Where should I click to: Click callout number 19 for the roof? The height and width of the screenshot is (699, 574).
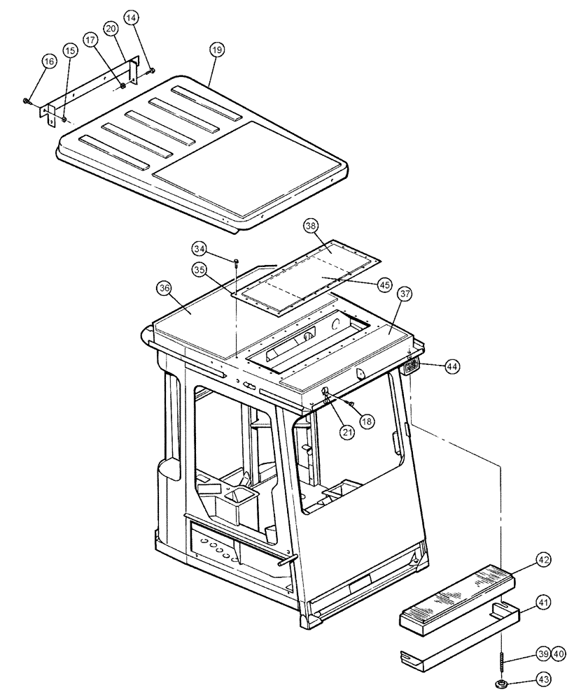coord(216,50)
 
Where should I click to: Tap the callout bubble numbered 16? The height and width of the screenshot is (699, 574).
coord(48,62)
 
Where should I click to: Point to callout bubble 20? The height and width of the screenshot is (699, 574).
coord(111,29)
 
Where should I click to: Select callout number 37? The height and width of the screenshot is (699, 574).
coord(405,294)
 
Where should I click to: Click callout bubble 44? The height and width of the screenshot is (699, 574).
coord(451,366)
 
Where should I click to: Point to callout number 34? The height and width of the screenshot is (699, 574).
coord(200,248)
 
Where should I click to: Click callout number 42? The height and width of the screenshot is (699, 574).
coord(545,560)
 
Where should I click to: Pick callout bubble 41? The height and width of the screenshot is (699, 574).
coord(545,601)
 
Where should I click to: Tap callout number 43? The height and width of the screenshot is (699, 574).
coord(545,679)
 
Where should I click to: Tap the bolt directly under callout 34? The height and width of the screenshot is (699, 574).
coord(237,263)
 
